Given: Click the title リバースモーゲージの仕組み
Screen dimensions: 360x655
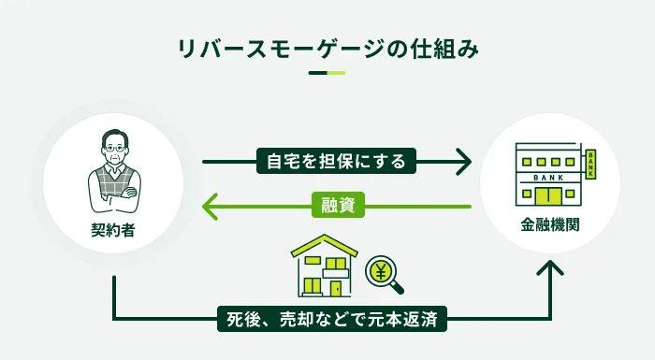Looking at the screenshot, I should (x=327, y=50).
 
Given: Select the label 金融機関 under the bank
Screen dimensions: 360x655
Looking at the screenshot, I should (x=548, y=225).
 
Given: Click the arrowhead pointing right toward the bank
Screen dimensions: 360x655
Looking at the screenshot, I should (x=462, y=162).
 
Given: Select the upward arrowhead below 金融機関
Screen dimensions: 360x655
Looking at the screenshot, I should (x=551, y=270).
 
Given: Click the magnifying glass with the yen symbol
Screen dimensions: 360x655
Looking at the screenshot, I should (x=381, y=272).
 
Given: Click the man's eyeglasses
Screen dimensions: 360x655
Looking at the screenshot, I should (x=113, y=148).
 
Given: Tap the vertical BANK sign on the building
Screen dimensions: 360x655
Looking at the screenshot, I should (x=590, y=163).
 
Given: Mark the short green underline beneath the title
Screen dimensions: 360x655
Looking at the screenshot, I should (x=327, y=73).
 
